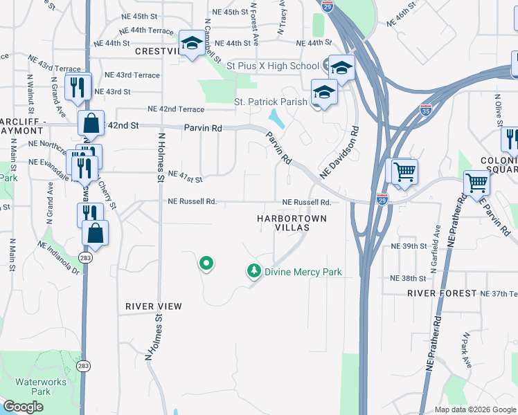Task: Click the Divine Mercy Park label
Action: (303, 272)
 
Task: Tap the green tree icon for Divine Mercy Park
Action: (255, 271)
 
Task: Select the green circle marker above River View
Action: (206, 264)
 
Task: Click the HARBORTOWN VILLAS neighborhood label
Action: (292, 225)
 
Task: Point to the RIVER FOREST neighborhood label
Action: (443, 293)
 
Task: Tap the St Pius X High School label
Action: (273, 66)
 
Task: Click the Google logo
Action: (23, 407)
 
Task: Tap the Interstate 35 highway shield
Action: (426, 109)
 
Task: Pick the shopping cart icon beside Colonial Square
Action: (477, 183)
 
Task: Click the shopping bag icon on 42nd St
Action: (91, 124)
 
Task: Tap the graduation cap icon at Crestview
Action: (190, 43)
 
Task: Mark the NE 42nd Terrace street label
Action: (176, 109)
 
